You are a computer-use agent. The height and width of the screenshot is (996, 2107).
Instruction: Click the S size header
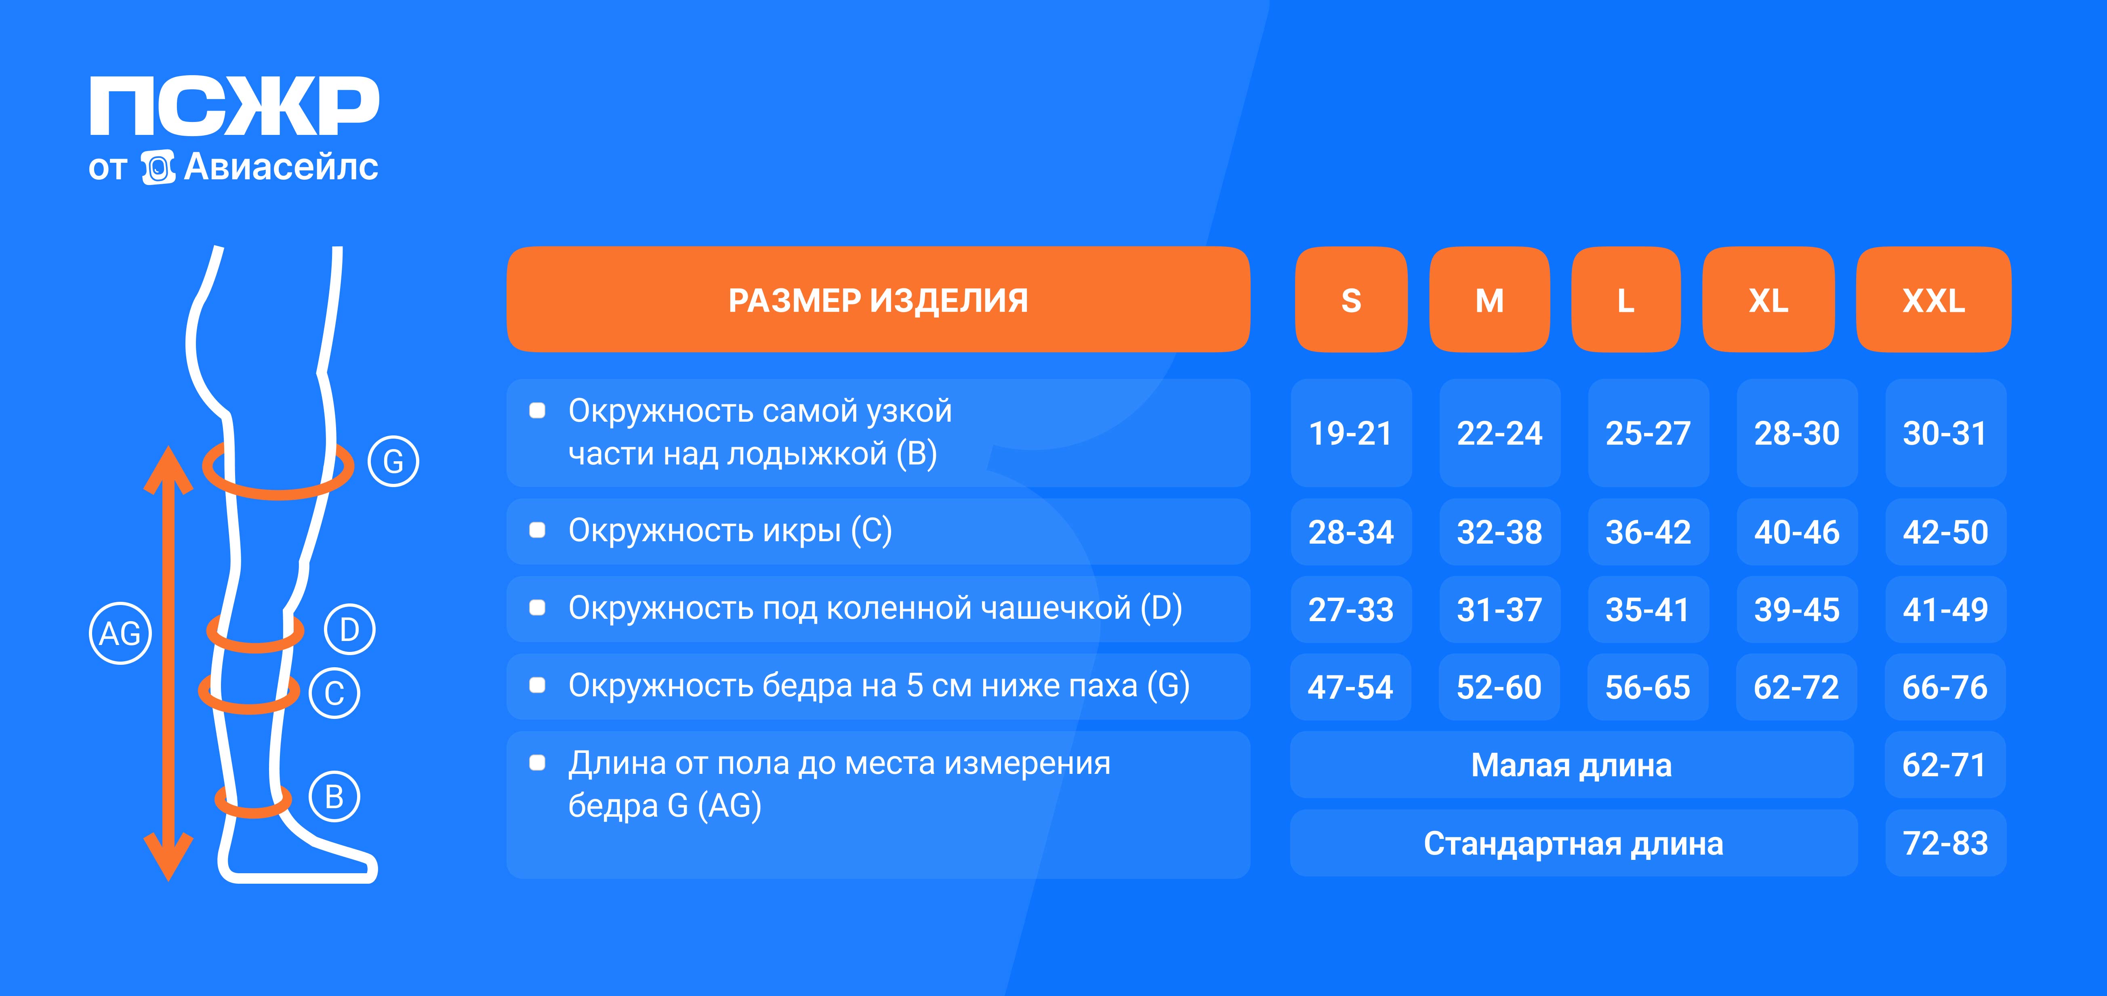click(1351, 300)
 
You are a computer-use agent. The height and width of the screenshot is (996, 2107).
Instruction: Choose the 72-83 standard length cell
click(1945, 843)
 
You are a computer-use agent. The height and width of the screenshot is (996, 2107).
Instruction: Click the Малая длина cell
click(1571, 765)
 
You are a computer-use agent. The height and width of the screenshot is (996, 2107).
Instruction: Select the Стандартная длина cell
click(1573, 843)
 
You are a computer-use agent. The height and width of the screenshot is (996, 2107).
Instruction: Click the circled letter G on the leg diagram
click(393, 461)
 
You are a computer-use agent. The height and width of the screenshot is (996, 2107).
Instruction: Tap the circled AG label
click(120, 633)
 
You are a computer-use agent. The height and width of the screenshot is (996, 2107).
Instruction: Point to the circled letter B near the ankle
click(334, 796)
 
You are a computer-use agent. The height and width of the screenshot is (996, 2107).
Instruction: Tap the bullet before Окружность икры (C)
click(537, 531)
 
